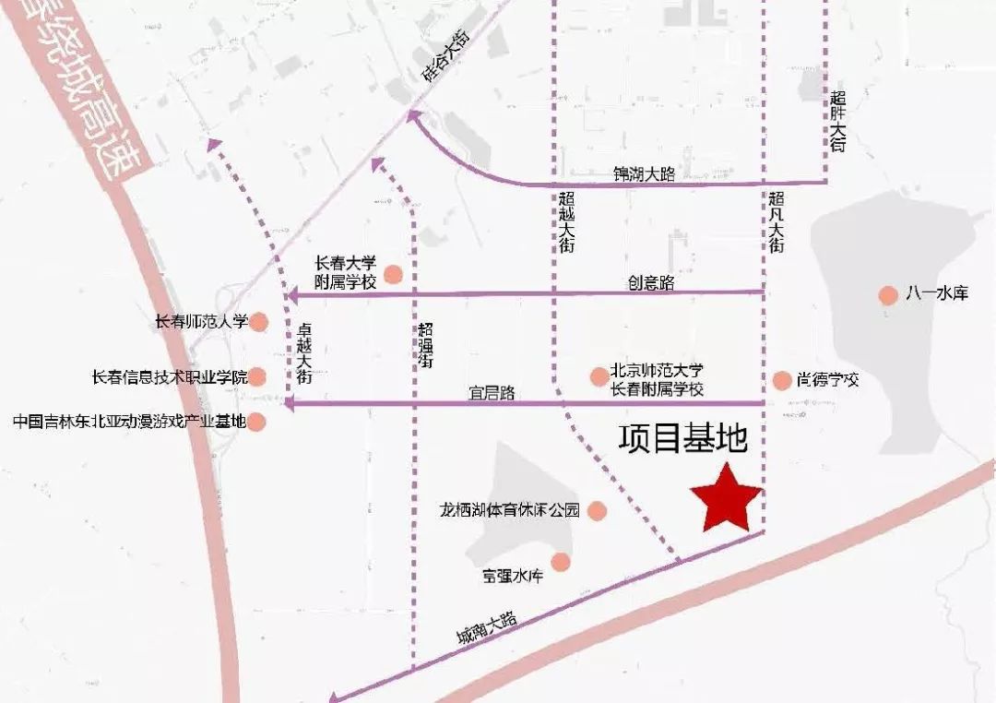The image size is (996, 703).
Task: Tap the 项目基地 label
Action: point(682,439)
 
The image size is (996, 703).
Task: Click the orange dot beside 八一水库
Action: point(887,295)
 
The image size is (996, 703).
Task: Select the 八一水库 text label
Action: point(936,295)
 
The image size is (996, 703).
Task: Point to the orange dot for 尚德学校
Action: point(782,380)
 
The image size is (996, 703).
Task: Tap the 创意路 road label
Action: point(652,282)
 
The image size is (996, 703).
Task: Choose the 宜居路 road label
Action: point(491,394)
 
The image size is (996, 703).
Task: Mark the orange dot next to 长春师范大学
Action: point(259,322)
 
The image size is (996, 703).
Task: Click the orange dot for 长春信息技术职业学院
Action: point(258,376)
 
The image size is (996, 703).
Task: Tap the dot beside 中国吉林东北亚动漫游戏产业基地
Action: point(257,423)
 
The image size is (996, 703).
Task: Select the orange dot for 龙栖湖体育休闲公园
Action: point(597,510)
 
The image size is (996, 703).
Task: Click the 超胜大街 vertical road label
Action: point(837,121)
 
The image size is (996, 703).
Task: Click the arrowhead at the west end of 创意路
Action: point(291,296)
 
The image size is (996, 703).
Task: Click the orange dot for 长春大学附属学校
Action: point(394,273)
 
